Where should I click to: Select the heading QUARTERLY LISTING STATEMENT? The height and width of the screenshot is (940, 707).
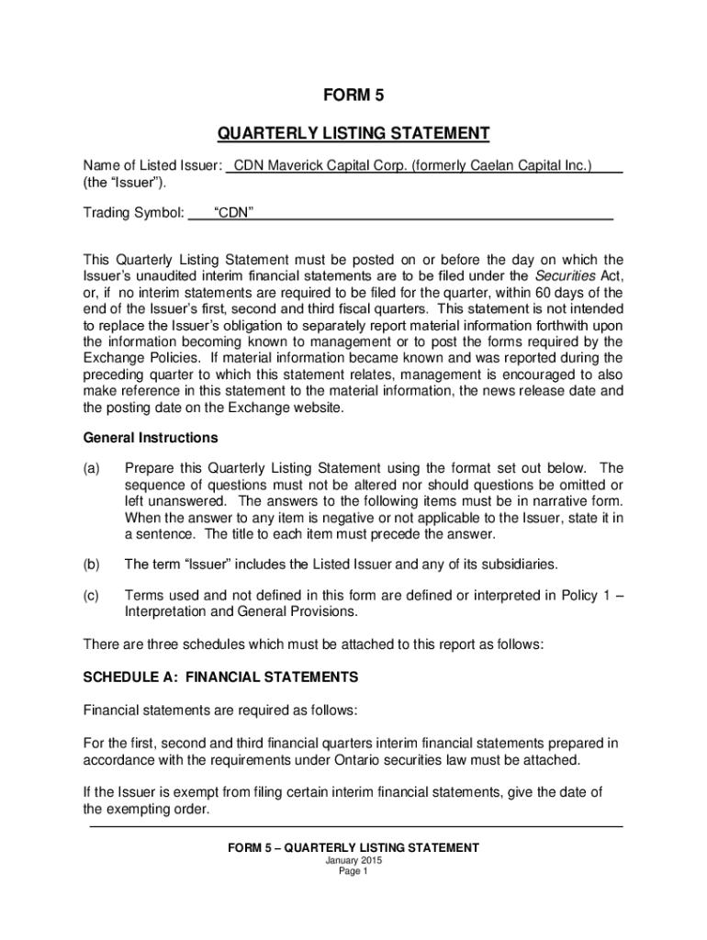click(353, 135)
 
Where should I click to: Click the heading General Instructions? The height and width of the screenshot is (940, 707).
click(151, 438)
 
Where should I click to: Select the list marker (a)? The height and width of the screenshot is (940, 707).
click(91, 467)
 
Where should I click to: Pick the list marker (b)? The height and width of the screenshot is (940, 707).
click(91, 564)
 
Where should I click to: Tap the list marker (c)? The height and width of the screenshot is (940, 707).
click(91, 596)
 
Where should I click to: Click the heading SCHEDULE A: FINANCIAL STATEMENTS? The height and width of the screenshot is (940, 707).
click(220, 677)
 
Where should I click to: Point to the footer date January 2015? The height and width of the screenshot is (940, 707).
click(353, 860)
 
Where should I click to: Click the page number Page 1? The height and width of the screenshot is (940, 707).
click(353, 872)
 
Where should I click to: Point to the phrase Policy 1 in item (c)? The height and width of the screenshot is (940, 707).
click(581, 596)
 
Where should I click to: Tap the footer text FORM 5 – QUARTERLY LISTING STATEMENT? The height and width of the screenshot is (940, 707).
click(353, 847)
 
